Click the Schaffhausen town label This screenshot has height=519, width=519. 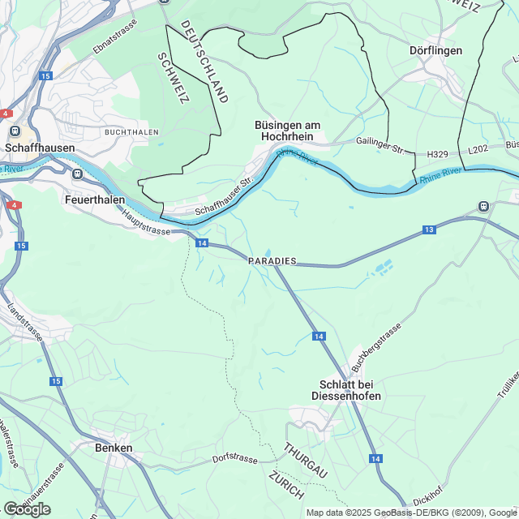click(40, 148)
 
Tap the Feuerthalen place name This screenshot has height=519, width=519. click(95, 197)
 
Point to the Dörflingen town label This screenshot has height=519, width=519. click(436, 50)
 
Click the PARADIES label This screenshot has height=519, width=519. click(272, 261)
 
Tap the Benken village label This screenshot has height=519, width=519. click(114, 448)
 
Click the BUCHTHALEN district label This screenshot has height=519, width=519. click(132, 131)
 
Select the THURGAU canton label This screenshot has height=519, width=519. click(305, 460)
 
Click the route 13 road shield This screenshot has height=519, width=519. click(429, 231)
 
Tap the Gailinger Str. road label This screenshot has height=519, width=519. click(380, 142)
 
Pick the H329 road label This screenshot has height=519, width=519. click(438, 153)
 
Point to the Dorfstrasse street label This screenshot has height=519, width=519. click(234, 459)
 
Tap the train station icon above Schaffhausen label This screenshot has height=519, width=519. click(14, 130)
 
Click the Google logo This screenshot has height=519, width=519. click(27, 508)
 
